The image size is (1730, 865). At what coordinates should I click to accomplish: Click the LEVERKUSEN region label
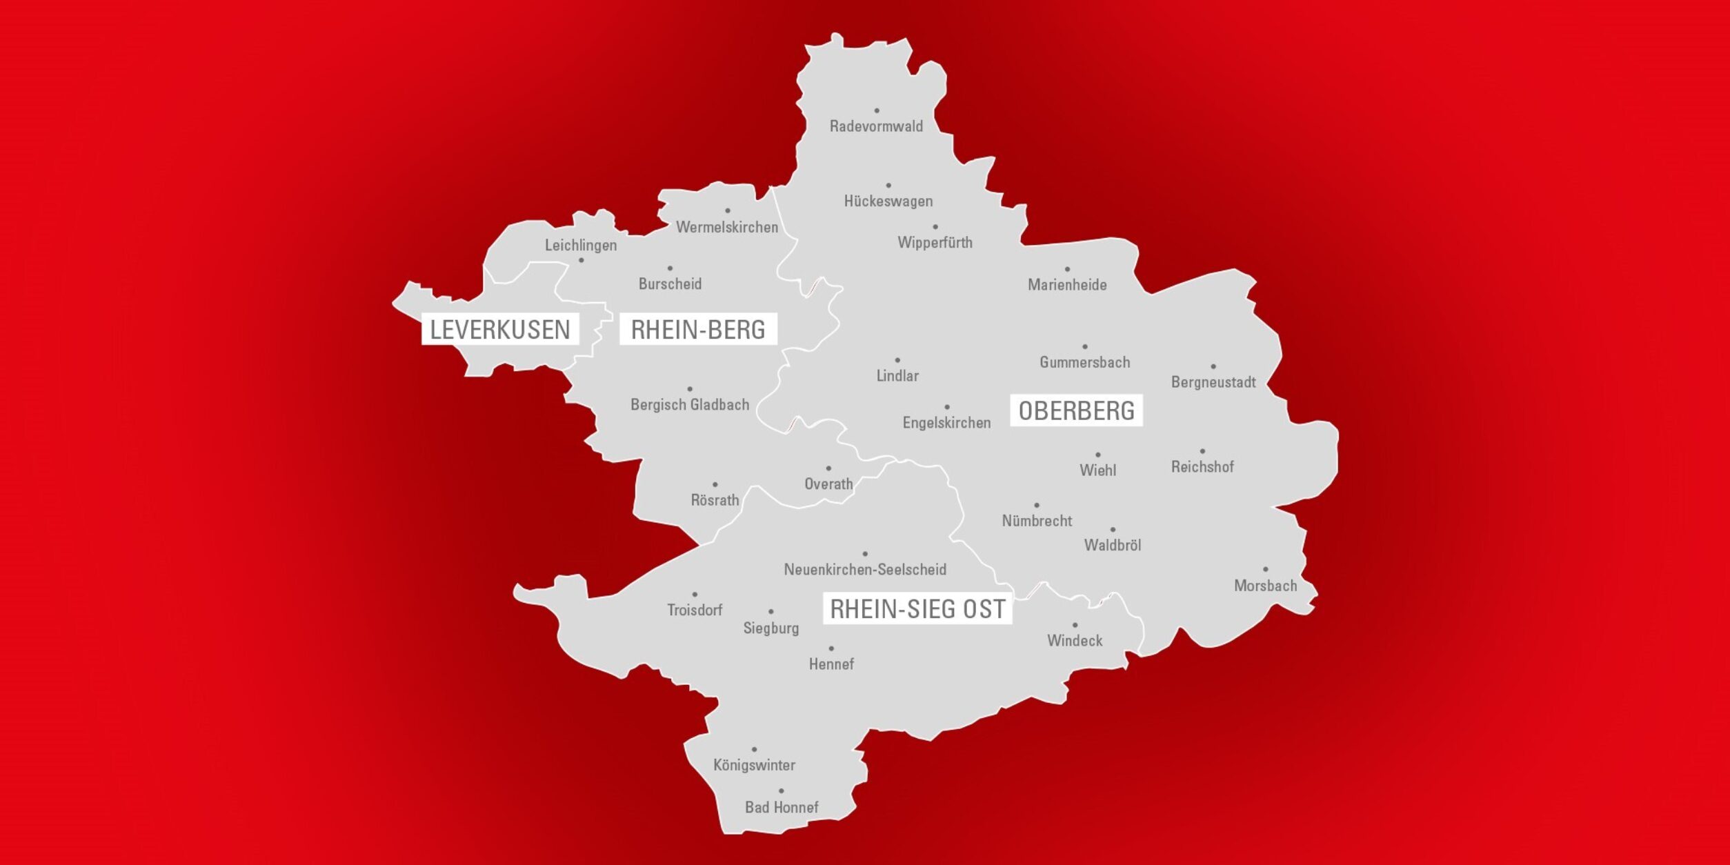(500, 330)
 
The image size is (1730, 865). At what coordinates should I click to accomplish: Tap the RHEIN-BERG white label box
(698, 330)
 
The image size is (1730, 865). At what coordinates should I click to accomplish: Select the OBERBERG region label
(1076, 410)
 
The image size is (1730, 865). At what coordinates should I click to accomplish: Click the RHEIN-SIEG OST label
(917, 609)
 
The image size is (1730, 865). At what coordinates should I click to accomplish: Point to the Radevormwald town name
(876, 126)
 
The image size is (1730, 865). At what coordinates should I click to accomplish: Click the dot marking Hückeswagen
(888, 186)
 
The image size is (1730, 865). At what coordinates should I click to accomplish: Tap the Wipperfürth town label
(935, 243)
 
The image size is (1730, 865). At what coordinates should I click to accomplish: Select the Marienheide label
(1067, 285)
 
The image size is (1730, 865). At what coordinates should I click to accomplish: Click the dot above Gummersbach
(1085, 347)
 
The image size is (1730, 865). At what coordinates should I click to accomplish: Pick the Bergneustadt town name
(1213, 382)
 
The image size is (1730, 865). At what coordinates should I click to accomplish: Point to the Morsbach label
(1265, 586)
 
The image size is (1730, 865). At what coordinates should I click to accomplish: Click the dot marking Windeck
(1075, 626)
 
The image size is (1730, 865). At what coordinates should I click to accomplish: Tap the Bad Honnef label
(782, 807)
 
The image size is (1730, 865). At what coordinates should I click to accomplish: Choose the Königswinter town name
(754, 765)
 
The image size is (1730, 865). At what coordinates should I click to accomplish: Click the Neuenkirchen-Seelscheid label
(865, 570)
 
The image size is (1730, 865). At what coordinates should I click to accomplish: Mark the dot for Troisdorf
(695, 595)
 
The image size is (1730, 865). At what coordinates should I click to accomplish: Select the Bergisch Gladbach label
(690, 405)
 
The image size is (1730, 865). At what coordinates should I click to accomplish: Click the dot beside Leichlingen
(581, 260)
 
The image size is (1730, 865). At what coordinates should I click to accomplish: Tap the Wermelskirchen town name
(727, 227)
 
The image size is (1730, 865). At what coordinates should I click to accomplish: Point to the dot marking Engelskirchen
(947, 408)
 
